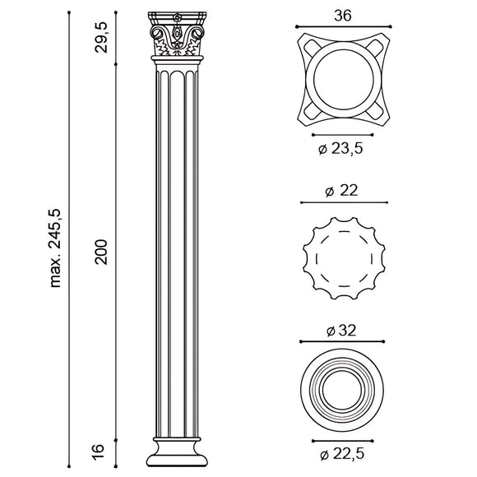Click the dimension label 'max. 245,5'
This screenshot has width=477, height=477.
(57, 248)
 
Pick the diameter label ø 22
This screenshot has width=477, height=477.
(342, 190)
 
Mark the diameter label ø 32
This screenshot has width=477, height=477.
(342, 331)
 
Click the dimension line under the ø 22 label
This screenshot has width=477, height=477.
(342, 202)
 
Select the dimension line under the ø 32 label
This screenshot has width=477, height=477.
(342, 342)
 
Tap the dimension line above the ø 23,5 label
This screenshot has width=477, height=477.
(342, 134)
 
